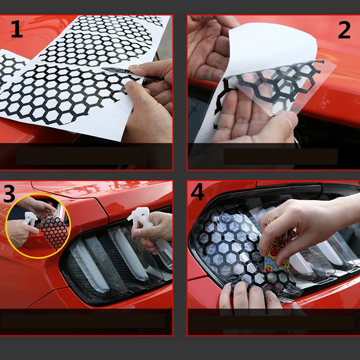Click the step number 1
point(17,29)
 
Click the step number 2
point(344,30)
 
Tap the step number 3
point(9,194)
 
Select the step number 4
point(197,192)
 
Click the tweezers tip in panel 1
point(103,69)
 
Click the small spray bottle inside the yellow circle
point(29,219)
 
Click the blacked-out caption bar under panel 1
point(81,156)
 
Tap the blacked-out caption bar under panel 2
point(280,156)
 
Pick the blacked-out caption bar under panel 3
point(83,321)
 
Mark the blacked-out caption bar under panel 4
point(273,323)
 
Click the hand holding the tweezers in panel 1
point(150,101)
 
